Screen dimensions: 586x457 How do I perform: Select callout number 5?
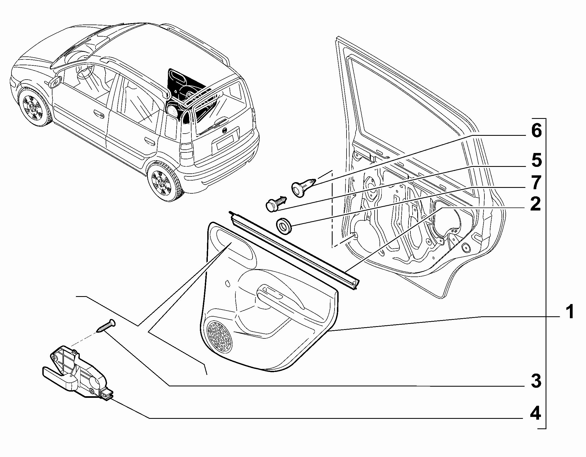click(x=536, y=161)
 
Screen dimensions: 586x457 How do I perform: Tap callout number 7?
click(x=536, y=182)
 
